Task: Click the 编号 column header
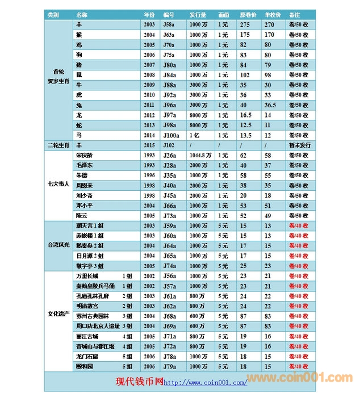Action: pyautogui.click(x=169, y=14)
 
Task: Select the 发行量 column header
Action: pyautogui.click(x=198, y=14)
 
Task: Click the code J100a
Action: pyautogui.click(x=171, y=135)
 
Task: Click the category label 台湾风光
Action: pyautogui.click(x=58, y=245)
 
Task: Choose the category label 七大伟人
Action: pyautogui.click(x=58, y=185)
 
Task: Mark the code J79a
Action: pyautogui.click(x=169, y=366)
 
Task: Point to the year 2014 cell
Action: pyautogui.click(x=149, y=135)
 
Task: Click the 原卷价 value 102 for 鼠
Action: pyautogui.click(x=245, y=75)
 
